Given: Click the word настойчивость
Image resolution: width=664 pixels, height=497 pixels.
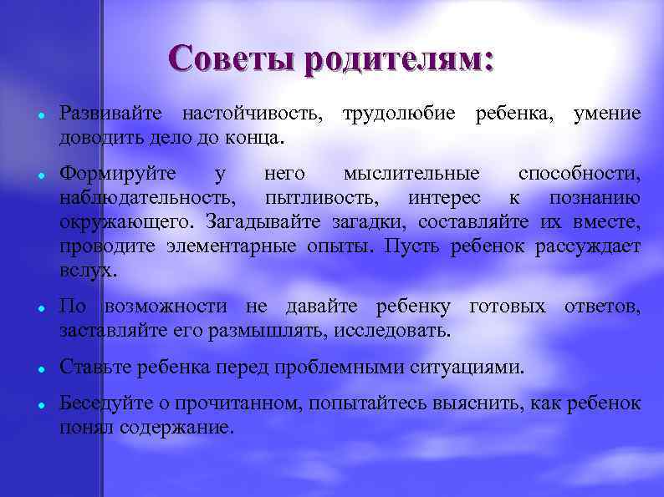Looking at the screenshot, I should pos(250,113).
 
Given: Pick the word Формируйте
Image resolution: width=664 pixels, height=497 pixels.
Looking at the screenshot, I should pos(118,175).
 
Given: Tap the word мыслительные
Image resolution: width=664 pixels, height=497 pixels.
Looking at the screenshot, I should pos(412,175).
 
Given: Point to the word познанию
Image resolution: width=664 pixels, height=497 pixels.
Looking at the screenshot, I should pos(595,199).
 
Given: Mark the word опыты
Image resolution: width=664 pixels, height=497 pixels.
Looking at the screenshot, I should pos(348,247).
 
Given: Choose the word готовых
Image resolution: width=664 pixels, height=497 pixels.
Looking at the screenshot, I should pos(508,307).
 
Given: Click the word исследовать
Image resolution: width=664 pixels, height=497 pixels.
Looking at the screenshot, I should pos(391,332).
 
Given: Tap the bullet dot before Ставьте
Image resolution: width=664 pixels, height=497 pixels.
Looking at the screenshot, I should pos(40,368).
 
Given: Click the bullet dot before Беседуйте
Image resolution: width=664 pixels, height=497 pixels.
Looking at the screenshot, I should pos(40,405).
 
